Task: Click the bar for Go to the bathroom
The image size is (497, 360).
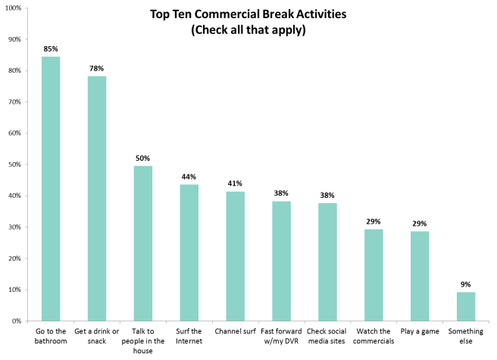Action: point(51,189)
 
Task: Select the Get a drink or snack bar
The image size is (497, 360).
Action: point(97,199)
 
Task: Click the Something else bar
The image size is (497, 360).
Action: point(465,306)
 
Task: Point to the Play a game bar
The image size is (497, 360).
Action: point(419,276)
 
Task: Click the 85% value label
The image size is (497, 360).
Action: point(51,49)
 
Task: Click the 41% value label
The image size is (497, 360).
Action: point(235,184)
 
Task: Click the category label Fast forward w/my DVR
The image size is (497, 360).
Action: point(281,336)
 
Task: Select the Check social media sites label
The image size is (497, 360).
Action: point(327,336)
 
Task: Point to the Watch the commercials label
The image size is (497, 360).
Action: point(373,336)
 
